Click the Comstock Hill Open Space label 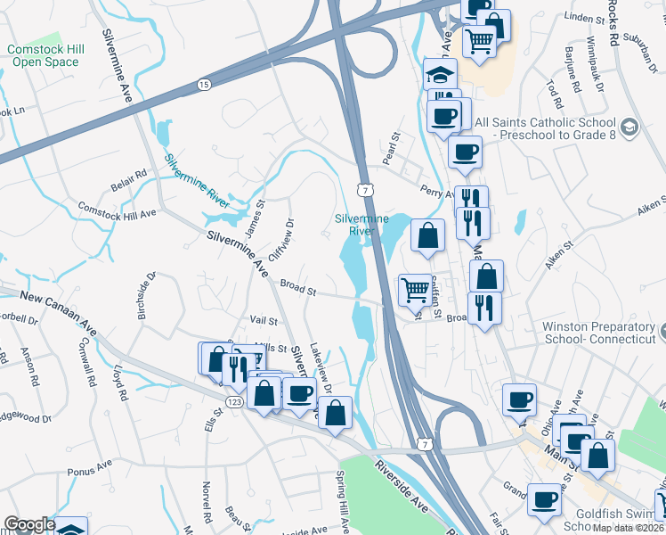click(43, 55)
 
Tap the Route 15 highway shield click(204, 84)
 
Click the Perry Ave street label click(436, 191)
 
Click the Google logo click(29, 524)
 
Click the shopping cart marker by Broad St click(415, 289)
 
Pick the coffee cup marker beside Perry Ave click(464, 152)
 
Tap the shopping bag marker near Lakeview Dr click(335, 413)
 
